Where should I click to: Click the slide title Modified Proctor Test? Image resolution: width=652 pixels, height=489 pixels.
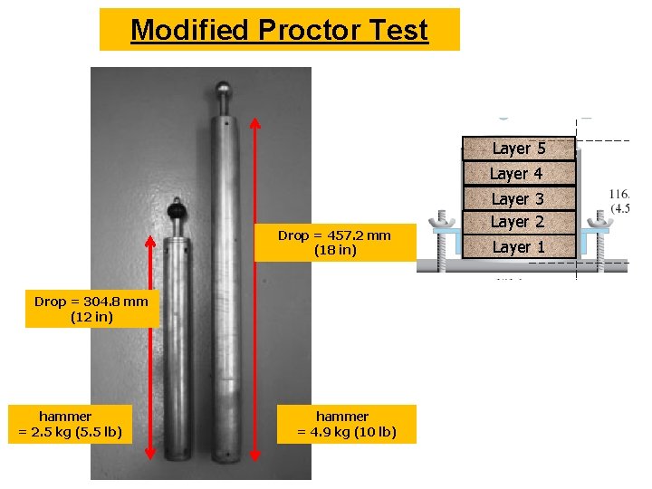click(x=279, y=30)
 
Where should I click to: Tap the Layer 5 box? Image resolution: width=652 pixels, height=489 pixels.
click(x=519, y=149)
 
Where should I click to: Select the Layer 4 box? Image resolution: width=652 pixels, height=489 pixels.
click(x=519, y=173)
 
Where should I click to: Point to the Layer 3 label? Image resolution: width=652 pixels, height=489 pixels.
click(x=517, y=198)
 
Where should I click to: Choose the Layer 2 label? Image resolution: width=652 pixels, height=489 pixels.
click(x=517, y=221)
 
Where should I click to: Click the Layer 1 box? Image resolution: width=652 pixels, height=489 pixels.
click(x=519, y=246)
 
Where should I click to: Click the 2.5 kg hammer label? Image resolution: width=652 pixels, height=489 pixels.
click(x=71, y=424)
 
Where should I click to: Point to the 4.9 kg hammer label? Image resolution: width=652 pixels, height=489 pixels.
click(x=347, y=424)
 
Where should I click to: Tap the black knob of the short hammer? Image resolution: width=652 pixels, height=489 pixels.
click(x=177, y=211)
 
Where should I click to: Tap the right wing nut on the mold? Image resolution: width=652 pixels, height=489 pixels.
click(x=596, y=221)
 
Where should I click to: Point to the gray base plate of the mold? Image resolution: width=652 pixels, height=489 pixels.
click(x=522, y=266)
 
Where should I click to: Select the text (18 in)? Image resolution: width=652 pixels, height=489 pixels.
click(x=334, y=251)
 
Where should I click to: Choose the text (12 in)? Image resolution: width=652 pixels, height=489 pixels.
click(x=91, y=318)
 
